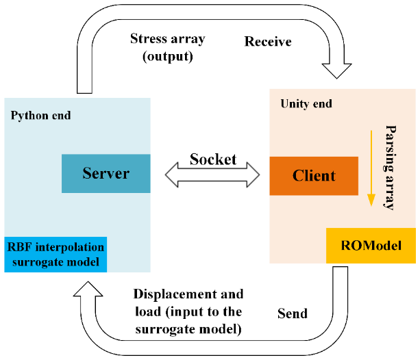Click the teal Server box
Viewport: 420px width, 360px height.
pos(106,174)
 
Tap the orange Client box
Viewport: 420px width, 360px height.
pos(314,176)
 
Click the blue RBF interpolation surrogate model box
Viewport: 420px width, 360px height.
pos(55,254)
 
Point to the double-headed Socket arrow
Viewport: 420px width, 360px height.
pos(212,176)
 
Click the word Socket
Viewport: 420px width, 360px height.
pos(213,159)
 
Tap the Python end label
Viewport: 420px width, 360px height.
pos(41,115)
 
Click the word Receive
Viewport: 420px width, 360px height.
pos(268,42)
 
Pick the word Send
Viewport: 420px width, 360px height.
pos(292,314)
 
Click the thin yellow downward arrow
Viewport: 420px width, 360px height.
pos(371,164)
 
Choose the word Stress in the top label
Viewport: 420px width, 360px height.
pos(149,39)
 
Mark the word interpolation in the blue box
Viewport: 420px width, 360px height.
pos(66,246)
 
